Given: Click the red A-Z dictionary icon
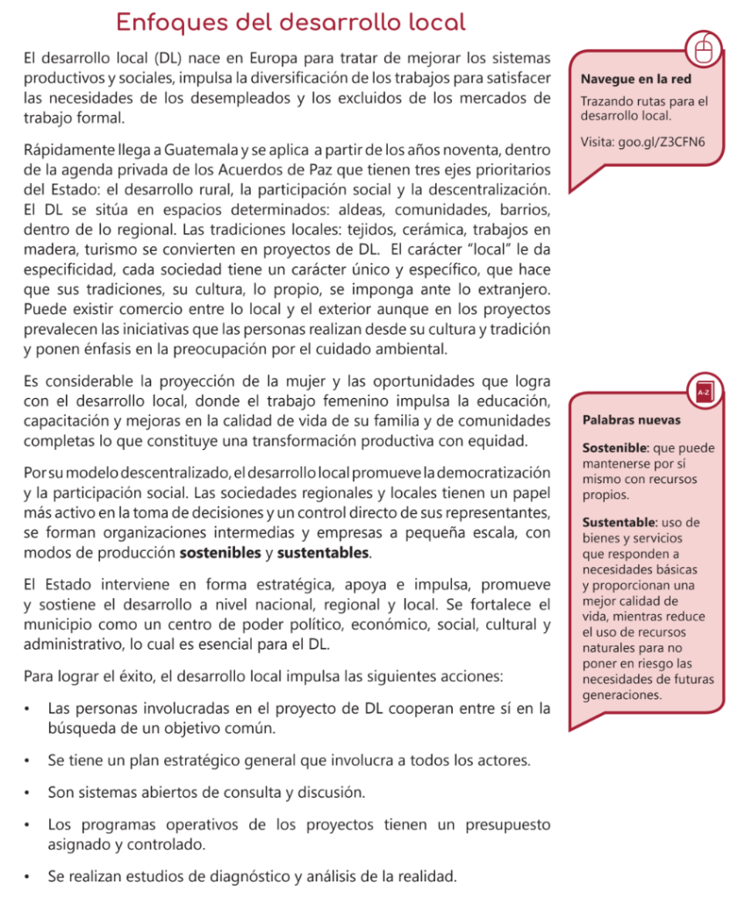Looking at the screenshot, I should (x=703, y=391).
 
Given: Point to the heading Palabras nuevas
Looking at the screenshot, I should (x=631, y=420).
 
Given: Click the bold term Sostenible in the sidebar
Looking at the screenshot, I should (x=614, y=448).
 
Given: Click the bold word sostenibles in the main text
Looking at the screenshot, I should (x=220, y=554).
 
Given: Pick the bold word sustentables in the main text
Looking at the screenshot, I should (x=324, y=554).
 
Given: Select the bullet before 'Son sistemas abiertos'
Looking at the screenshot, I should (x=29, y=793).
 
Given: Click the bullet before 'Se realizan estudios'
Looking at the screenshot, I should (x=29, y=876).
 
